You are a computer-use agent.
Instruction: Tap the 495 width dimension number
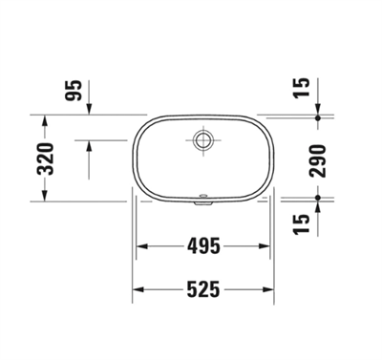(202, 246)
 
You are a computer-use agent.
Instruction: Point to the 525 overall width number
(202, 287)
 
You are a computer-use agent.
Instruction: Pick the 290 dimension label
(318, 159)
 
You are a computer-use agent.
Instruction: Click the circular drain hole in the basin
(202, 139)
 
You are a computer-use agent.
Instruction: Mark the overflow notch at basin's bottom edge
(202, 201)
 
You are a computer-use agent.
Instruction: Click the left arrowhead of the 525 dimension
(136, 287)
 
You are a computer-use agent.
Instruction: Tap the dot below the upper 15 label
(318, 117)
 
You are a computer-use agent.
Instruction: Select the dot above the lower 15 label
(318, 200)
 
